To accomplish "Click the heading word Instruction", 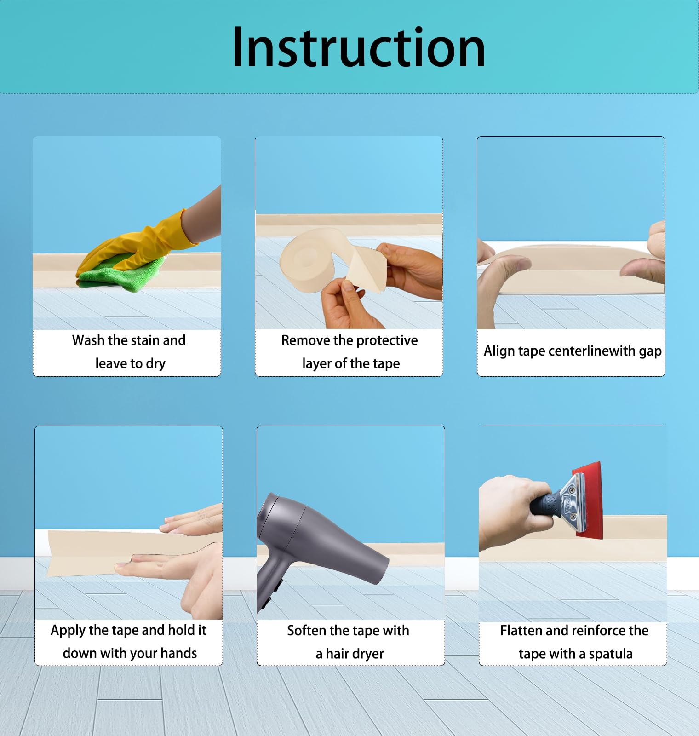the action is coord(359,47).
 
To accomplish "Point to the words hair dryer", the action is coord(355,654).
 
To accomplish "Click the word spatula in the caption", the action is coord(611,654).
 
